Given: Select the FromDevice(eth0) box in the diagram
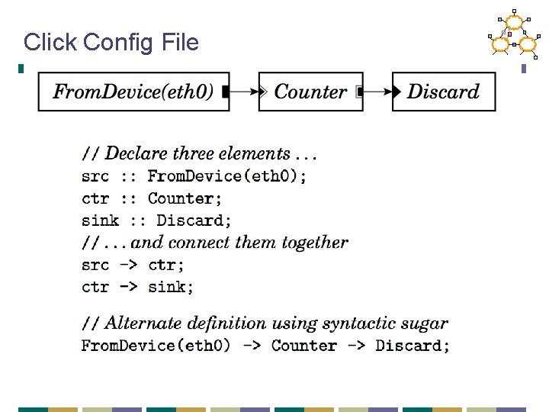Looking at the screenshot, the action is tap(133, 92).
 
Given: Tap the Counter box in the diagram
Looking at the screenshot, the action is tap(310, 92).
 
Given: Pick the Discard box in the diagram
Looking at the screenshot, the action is tap(443, 92).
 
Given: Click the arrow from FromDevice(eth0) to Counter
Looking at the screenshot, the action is tap(246, 92).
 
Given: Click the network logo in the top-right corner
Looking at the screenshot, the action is tap(514, 34).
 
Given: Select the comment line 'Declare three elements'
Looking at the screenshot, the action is tap(200, 153).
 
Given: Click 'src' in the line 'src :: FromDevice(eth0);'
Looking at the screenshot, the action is tap(95, 176).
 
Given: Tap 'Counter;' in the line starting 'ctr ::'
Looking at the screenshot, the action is tap(185, 198).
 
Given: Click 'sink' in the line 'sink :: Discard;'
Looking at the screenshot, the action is tap(101, 220).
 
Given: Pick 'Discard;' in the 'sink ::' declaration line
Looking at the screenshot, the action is tap(194, 220).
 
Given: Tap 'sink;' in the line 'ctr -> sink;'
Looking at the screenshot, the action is tap(171, 288).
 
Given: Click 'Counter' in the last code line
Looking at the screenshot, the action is tap(303, 346).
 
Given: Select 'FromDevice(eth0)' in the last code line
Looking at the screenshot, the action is tap(156, 346).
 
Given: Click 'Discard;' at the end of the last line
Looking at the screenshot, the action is tap(413, 346).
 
